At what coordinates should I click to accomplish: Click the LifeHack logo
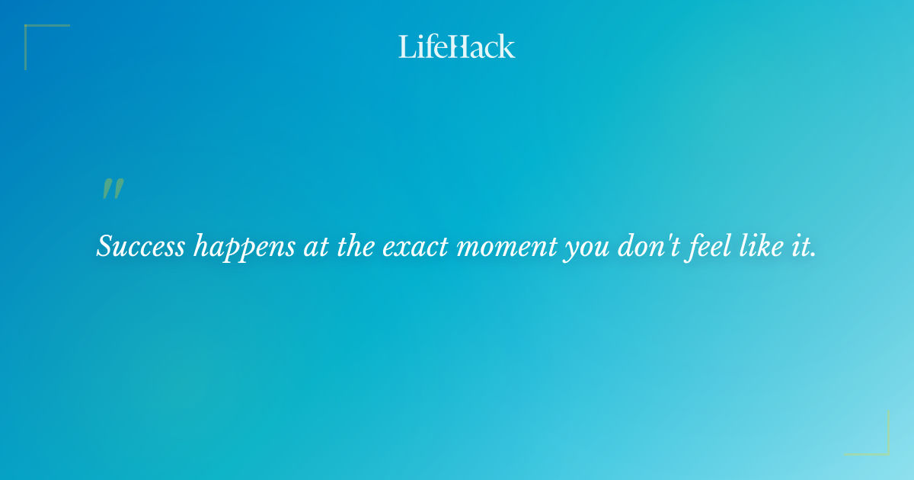(457, 46)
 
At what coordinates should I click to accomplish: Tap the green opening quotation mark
(113, 188)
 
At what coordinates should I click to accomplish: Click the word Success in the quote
(141, 245)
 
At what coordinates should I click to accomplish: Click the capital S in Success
(105, 245)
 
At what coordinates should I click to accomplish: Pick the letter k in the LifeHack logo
(507, 46)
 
